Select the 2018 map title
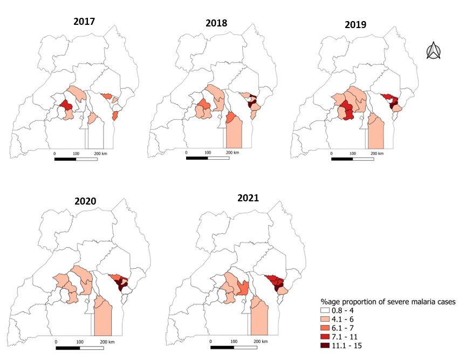tap(216, 23)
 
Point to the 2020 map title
tap(85, 201)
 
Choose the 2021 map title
tap(248, 198)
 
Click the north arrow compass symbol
tap(434, 51)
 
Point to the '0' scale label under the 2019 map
tap(330, 154)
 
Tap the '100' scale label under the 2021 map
tap(234, 342)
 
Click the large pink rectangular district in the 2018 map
tap(234, 134)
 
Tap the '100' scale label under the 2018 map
tap(208, 153)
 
